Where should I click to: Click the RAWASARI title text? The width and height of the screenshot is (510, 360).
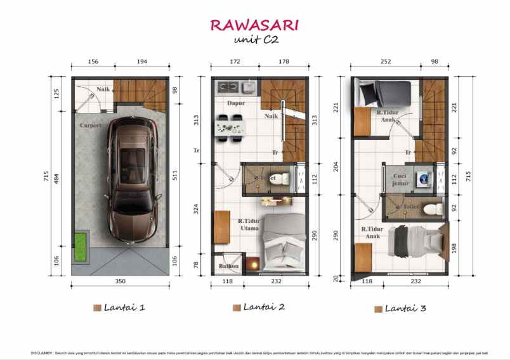click(254, 25)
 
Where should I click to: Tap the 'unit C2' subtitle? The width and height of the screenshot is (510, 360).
click(254, 41)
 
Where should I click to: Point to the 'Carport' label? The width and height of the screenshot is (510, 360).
click(91, 125)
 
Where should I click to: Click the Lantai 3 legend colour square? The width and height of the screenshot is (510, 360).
click(378, 309)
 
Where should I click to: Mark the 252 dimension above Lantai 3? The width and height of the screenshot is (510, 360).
click(384, 63)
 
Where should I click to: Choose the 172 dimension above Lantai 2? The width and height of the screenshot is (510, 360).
click(235, 63)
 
